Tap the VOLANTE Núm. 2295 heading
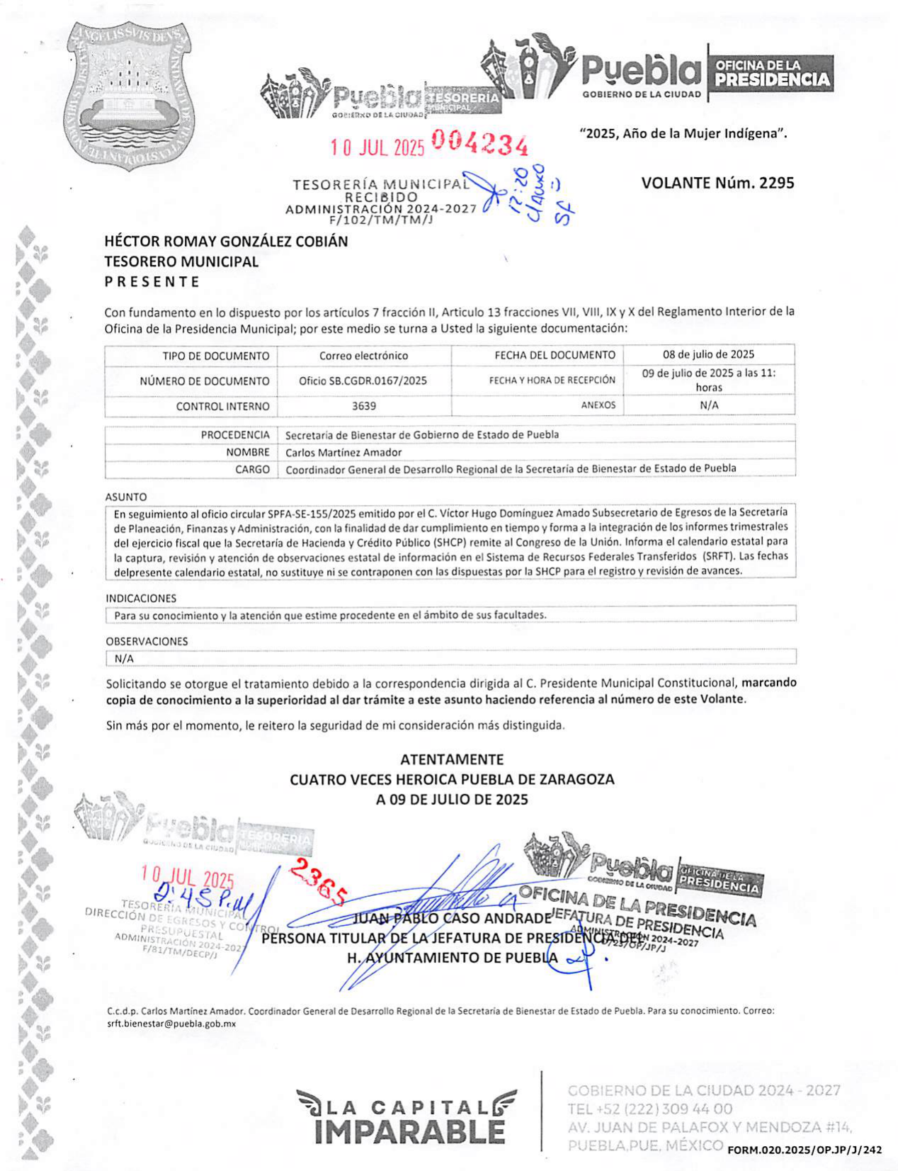(x=717, y=183)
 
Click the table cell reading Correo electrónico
(x=363, y=356)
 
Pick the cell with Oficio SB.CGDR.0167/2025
(x=363, y=380)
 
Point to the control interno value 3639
(x=364, y=406)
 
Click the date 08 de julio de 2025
(x=708, y=354)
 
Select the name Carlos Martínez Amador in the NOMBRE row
(x=343, y=452)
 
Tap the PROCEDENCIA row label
(x=235, y=435)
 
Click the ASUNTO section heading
(x=126, y=497)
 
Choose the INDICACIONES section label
(x=141, y=598)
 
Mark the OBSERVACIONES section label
(x=147, y=641)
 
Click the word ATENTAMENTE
(x=452, y=759)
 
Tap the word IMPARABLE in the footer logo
(x=409, y=1131)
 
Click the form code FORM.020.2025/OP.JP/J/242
(x=805, y=1150)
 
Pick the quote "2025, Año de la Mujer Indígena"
(x=683, y=133)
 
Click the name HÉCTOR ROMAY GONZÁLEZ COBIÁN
(x=226, y=241)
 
